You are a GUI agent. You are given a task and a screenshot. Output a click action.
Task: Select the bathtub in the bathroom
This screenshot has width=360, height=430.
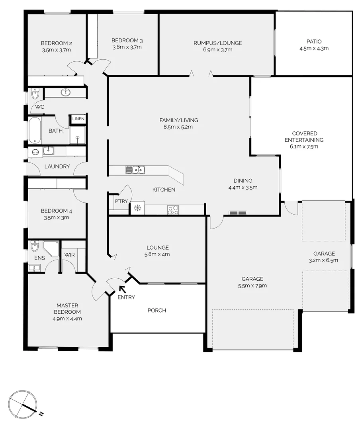coord(35,130)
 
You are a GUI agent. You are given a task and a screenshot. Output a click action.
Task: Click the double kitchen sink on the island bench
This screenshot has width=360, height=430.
coord(135,170)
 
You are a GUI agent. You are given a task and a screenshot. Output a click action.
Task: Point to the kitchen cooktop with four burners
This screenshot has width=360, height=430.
coord(173,210)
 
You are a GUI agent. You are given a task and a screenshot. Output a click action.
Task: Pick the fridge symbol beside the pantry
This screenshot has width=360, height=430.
coord(137,208)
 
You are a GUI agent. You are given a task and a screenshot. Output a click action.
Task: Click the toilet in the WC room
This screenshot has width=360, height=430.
coord(35,95)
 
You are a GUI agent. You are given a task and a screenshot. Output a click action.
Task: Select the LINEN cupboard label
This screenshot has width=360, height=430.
coord(78,119)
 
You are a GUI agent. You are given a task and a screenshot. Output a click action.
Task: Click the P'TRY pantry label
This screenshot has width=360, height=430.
coord(121,201)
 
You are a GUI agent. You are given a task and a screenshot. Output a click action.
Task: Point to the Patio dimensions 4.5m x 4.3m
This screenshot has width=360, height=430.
coord(314,49)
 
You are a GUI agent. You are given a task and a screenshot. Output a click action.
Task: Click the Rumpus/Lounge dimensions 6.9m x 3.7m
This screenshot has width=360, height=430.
coord(217,50)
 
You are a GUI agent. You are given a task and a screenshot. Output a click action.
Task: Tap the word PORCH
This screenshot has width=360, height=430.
coord(157,311)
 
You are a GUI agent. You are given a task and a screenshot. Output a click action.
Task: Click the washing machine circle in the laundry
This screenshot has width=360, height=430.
coord(35,152)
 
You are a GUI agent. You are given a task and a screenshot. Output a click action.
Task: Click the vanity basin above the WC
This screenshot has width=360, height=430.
coord(66,93)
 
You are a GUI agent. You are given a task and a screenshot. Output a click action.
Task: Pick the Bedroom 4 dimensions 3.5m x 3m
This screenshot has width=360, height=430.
coord(56,217)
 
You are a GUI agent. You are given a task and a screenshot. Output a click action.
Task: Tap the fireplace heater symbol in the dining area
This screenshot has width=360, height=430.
coord(238,213)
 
